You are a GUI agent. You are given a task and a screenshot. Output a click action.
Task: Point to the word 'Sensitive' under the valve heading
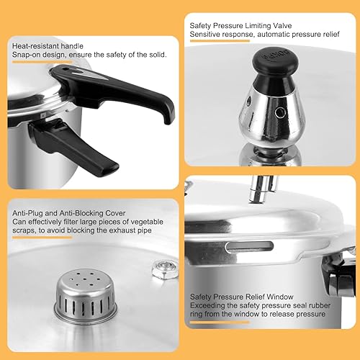click(x=207, y=34)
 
